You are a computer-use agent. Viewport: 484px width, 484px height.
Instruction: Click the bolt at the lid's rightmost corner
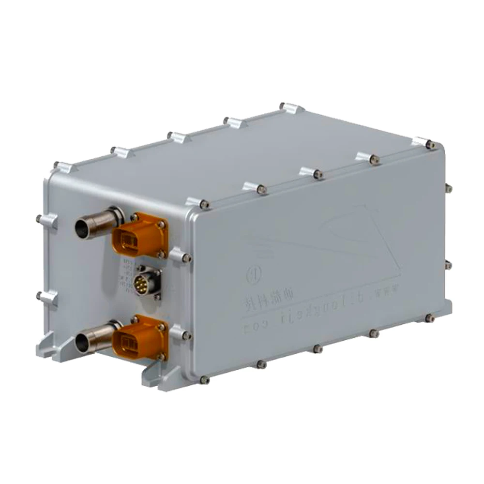pos(430,144)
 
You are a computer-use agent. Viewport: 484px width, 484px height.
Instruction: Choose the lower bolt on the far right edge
pos(448,265)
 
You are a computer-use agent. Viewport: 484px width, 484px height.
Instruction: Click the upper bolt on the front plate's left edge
pos(39,218)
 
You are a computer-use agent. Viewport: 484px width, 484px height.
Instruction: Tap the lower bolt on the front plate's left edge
pos(39,294)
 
